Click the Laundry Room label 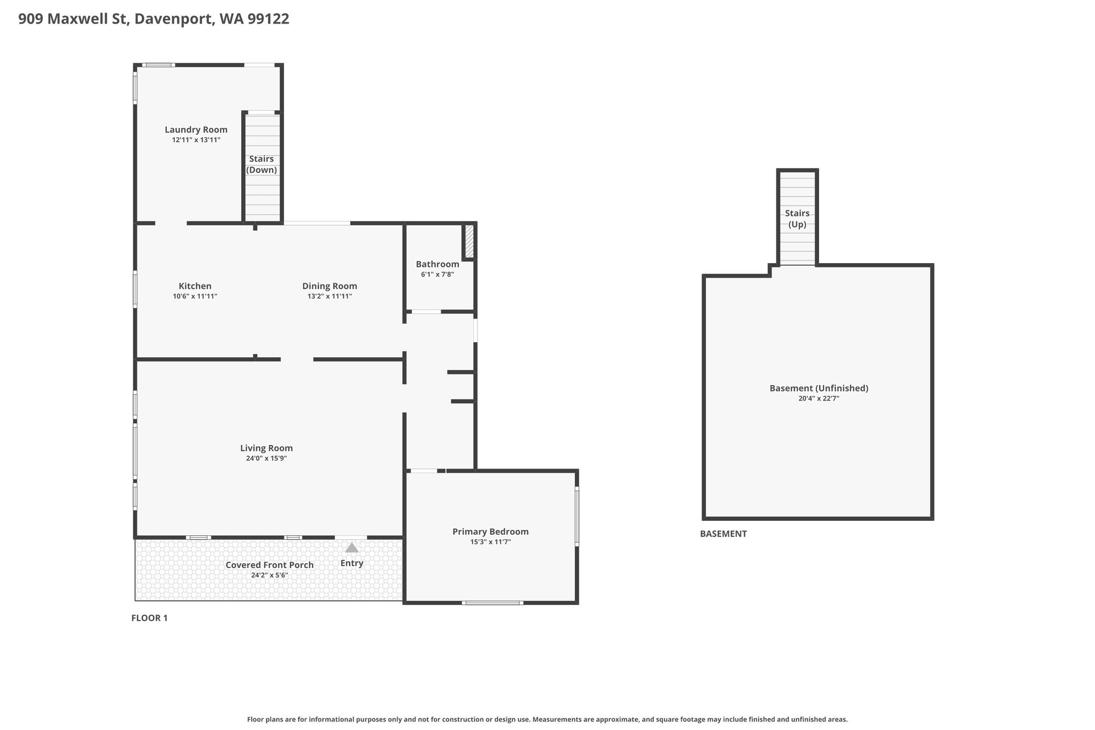(x=196, y=129)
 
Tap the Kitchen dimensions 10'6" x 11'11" (x=195, y=296)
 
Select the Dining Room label (x=329, y=286)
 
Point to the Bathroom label (x=437, y=264)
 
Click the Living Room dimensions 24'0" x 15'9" (x=266, y=458)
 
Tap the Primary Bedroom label (x=490, y=532)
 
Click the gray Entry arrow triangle (x=352, y=548)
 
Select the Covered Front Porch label (x=269, y=565)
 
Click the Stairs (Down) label (x=261, y=164)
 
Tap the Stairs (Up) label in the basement (x=797, y=219)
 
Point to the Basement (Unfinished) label (x=819, y=388)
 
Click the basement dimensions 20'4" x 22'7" (x=819, y=398)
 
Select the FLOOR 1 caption (x=149, y=618)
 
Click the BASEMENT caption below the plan (x=723, y=534)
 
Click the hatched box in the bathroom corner (x=469, y=241)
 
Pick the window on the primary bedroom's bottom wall (x=492, y=603)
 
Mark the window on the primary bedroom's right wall (x=577, y=516)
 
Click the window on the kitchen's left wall (x=135, y=289)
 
